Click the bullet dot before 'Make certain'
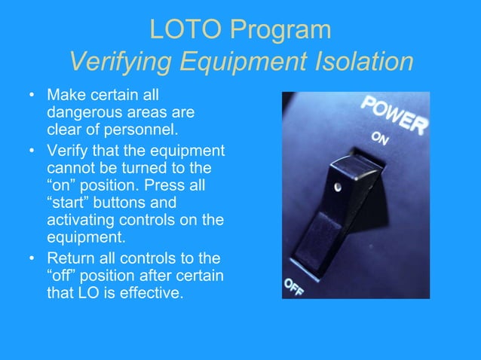coord(31,96)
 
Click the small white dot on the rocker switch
coord(339,186)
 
